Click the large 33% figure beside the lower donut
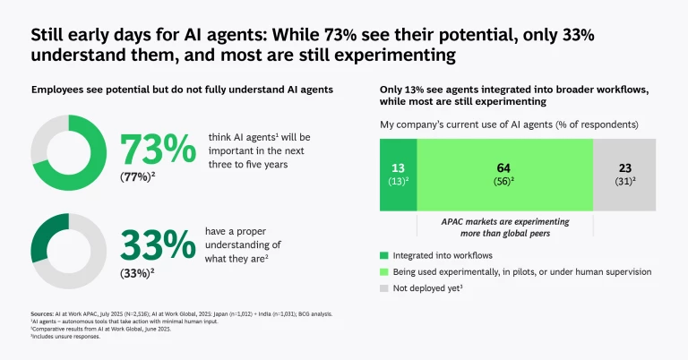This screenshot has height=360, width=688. tap(158, 244)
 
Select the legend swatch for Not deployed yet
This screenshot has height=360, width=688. tap(385, 289)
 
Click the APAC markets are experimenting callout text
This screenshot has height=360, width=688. tap(504, 227)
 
